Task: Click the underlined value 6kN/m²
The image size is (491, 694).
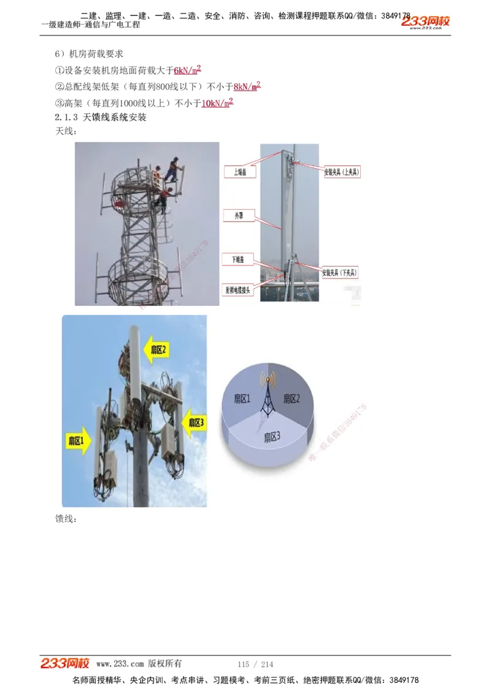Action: click(188, 71)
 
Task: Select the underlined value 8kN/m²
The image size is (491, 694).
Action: click(247, 86)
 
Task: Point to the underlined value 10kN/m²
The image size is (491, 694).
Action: click(217, 103)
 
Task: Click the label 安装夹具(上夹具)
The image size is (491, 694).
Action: click(342, 172)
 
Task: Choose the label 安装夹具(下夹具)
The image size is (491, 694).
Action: click(340, 272)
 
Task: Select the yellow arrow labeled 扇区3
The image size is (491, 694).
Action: click(194, 422)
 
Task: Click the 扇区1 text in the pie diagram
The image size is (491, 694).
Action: click(242, 399)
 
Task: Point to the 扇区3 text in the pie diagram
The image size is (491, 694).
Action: click(273, 437)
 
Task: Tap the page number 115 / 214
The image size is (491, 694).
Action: click(255, 664)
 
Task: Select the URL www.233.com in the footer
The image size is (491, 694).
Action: click(120, 664)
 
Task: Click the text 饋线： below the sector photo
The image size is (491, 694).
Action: click(66, 519)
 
